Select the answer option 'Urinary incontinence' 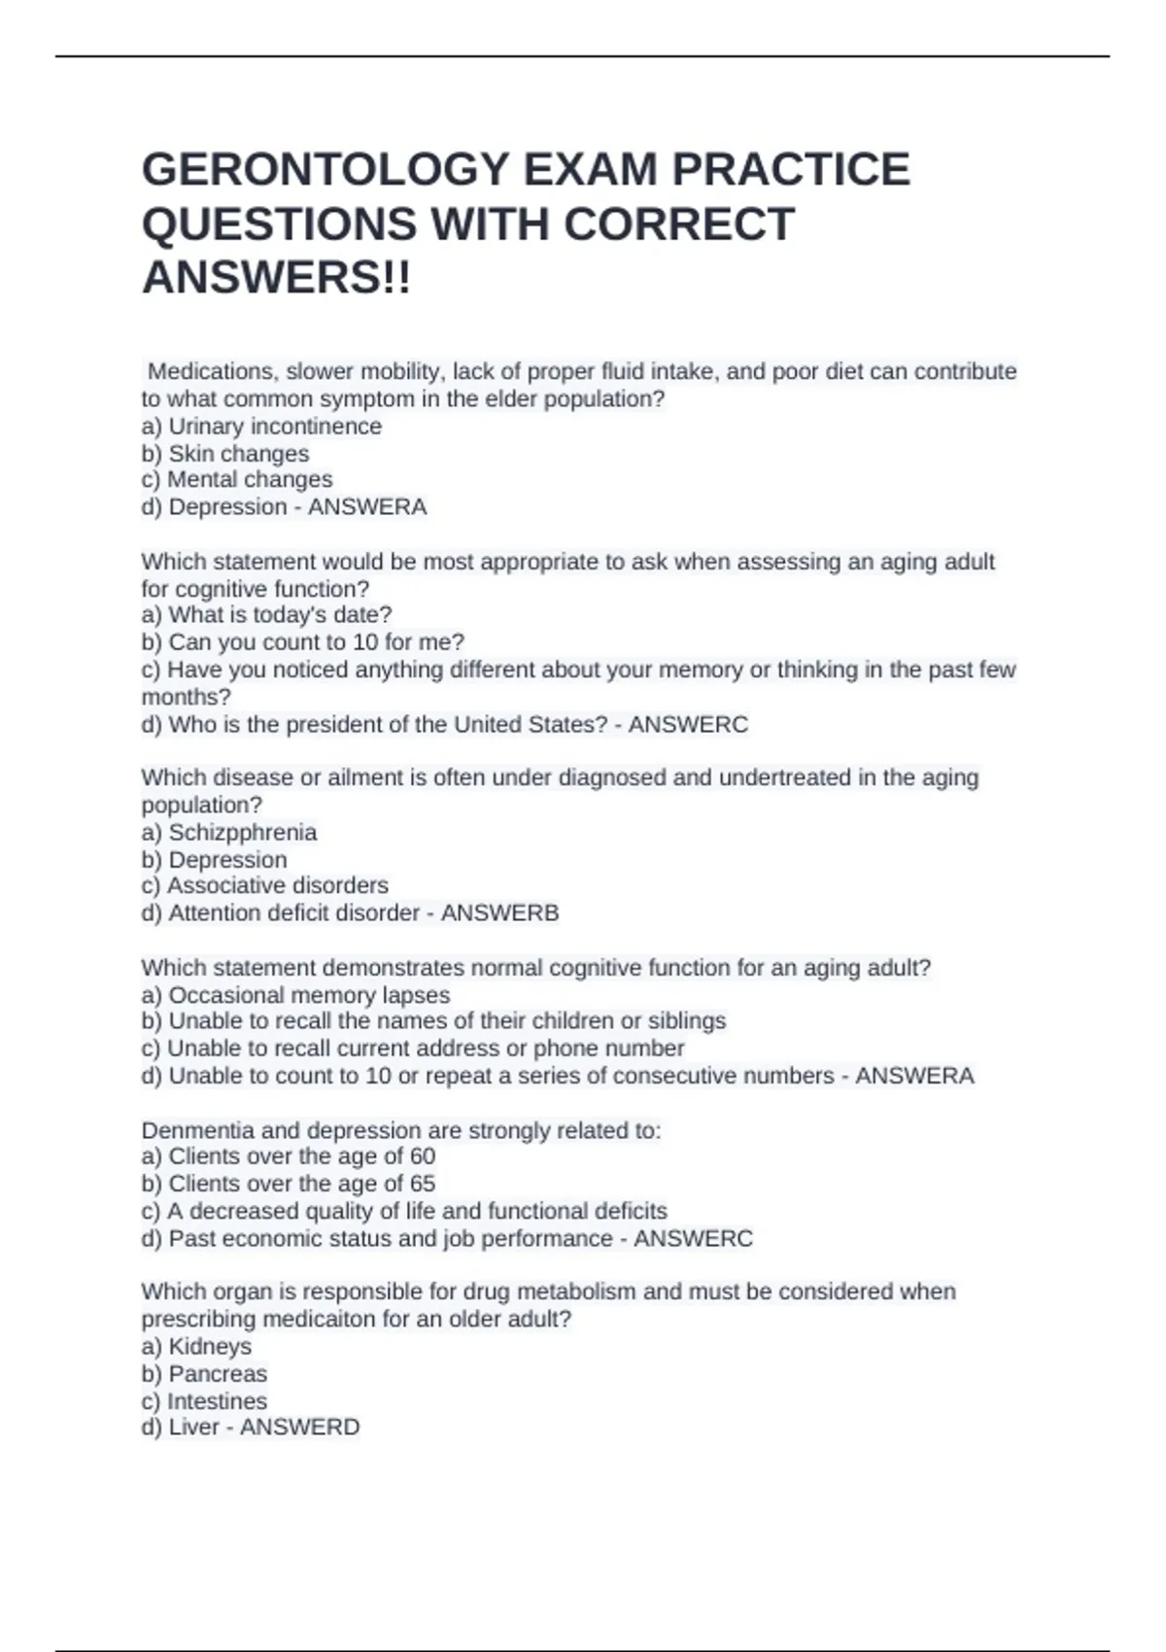click(275, 427)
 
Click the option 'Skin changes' click(238, 454)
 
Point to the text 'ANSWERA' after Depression click(367, 507)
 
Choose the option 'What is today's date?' click(280, 615)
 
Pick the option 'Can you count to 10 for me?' click(316, 642)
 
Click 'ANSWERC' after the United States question click(688, 725)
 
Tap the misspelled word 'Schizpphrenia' click(242, 833)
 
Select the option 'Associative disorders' click(277, 886)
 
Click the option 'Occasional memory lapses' click(309, 995)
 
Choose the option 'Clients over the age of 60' click(301, 1156)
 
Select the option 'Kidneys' click(210, 1347)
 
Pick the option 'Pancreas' click(218, 1374)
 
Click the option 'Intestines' click(217, 1401)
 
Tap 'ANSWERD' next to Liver click(299, 1428)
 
